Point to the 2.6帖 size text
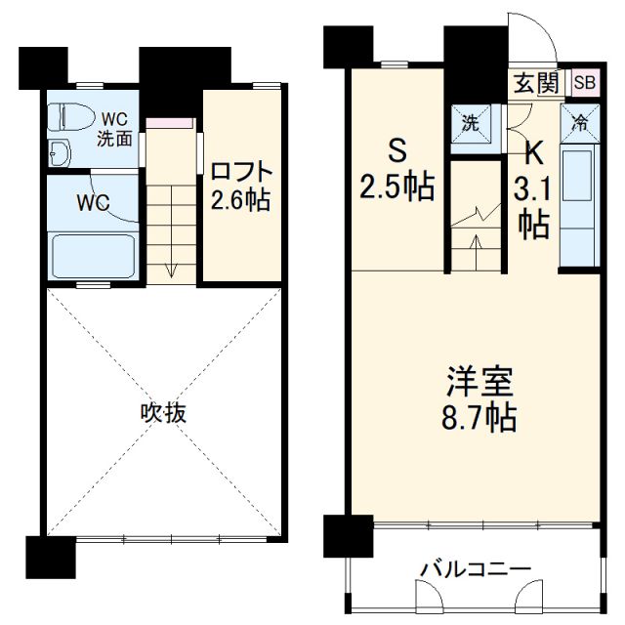click(240, 201)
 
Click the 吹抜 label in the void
click(162, 412)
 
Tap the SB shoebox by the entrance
click(584, 83)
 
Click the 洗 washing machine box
click(470, 123)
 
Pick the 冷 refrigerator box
click(578, 123)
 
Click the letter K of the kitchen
click(532, 154)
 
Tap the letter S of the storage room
click(397, 151)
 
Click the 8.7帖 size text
click(475, 418)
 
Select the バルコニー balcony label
click(476, 568)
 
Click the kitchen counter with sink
click(578, 205)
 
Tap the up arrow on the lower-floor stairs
click(476, 251)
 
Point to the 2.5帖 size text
click(397, 187)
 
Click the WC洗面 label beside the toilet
click(114, 129)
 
